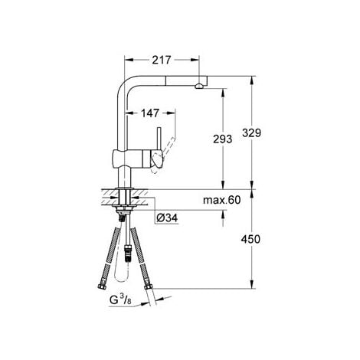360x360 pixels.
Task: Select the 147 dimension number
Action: tap(150, 113)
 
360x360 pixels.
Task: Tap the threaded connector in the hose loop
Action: tap(127, 246)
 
